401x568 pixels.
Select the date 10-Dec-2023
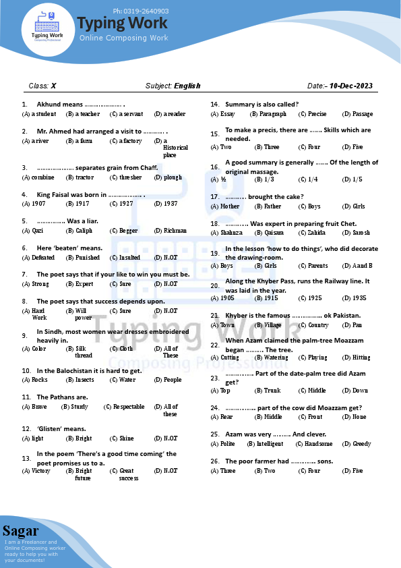coord(350,86)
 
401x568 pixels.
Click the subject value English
coord(187,86)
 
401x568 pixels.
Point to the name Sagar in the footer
coord(20,530)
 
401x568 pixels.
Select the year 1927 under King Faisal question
coord(125,204)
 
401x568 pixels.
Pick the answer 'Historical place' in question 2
coord(175,148)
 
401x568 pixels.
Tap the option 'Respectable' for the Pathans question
coord(128,407)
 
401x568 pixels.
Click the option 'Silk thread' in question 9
coord(83,352)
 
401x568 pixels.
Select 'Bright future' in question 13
coord(83,475)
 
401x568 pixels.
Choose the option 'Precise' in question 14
coord(316,114)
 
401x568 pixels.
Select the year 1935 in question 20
coord(359,298)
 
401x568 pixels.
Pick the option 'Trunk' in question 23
coord(272,391)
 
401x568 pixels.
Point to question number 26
coord(215,461)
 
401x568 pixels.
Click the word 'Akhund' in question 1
coord(47,105)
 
